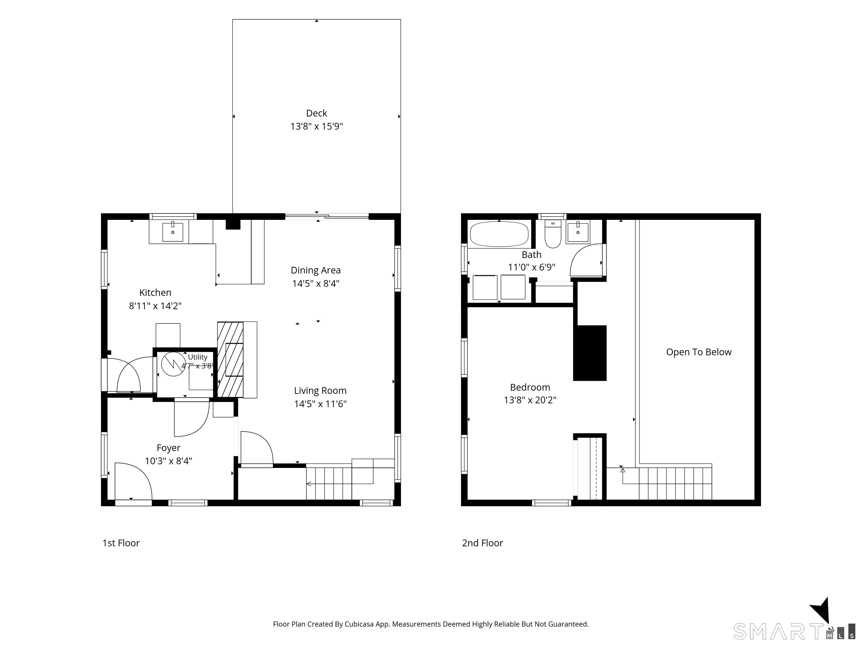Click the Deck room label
pos(317,113)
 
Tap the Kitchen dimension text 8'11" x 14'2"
pos(155,306)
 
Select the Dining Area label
pos(316,270)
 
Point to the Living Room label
pos(320,391)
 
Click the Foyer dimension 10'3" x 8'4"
pos(168,461)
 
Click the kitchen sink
pos(173,232)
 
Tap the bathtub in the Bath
pos(499,234)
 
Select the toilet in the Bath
pos(552,234)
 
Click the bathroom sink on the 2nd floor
pos(577,232)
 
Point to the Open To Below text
pos(699,352)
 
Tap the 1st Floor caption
pos(121,543)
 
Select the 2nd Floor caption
pos(482,543)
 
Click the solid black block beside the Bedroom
pos(590,353)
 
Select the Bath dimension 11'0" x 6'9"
pos(531,267)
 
